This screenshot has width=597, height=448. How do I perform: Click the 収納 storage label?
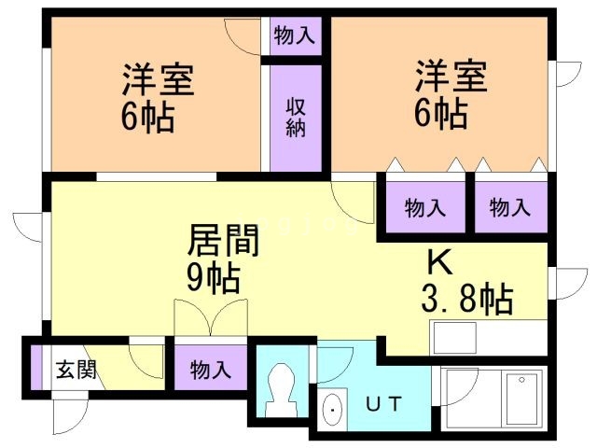pyautogui.click(x=296, y=117)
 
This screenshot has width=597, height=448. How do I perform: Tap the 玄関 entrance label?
pyautogui.click(x=75, y=369)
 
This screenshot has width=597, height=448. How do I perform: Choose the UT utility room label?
pyautogui.click(x=382, y=405)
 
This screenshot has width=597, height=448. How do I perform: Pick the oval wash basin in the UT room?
pyautogui.click(x=331, y=408)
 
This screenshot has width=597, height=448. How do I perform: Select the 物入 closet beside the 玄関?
pyautogui.click(x=211, y=369)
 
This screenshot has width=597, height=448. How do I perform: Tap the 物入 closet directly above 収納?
pyautogui.click(x=296, y=36)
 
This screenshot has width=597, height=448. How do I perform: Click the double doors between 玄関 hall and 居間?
pyautogui.click(x=211, y=320)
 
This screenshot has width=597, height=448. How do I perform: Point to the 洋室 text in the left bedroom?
pyautogui.click(x=158, y=79)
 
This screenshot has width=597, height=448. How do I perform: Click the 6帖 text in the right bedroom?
pyautogui.click(x=441, y=114)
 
